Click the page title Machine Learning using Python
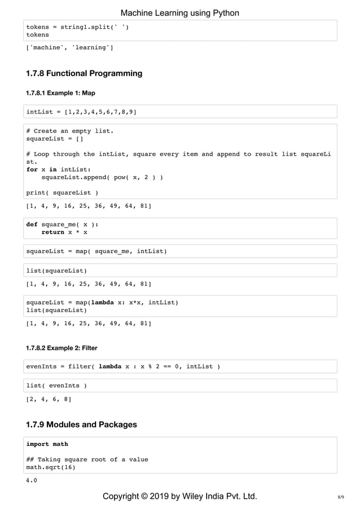(x=180, y=13)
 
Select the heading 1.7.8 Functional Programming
(x=84, y=73)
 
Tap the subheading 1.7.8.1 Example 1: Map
(x=62, y=92)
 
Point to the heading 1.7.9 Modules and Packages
(x=81, y=424)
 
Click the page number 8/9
(x=340, y=497)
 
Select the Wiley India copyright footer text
(x=179, y=497)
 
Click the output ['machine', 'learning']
(x=69, y=47)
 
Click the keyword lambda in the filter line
(x=113, y=367)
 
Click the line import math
(x=47, y=444)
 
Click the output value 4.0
(x=32, y=480)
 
